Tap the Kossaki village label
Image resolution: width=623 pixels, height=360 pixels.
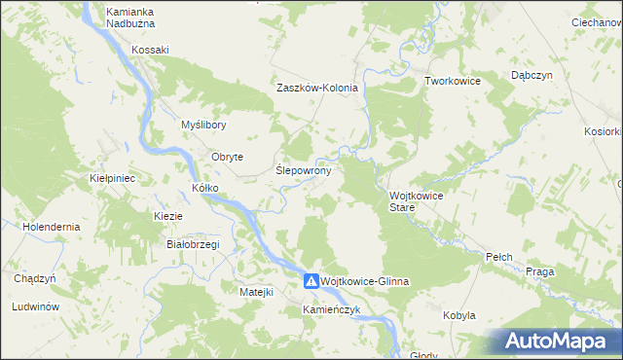tap(151, 50)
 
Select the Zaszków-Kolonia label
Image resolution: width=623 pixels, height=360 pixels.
tap(317, 88)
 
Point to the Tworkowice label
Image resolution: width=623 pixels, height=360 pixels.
tap(453, 81)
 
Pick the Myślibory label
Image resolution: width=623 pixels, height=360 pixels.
tap(203, 126)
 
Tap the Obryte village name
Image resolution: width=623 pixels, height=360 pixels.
tap(227, 157)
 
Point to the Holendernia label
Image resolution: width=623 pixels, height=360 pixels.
tap(52, 226)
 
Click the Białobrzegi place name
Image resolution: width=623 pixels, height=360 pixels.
tap(193, 244)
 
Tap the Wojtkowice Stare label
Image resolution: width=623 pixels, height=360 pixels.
tap(416, 201)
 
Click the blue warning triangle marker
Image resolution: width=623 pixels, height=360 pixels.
tap(311, 280)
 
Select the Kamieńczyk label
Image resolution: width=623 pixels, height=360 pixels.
tap(331, 309)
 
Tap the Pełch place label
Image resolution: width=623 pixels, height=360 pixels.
tap(498, 257)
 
